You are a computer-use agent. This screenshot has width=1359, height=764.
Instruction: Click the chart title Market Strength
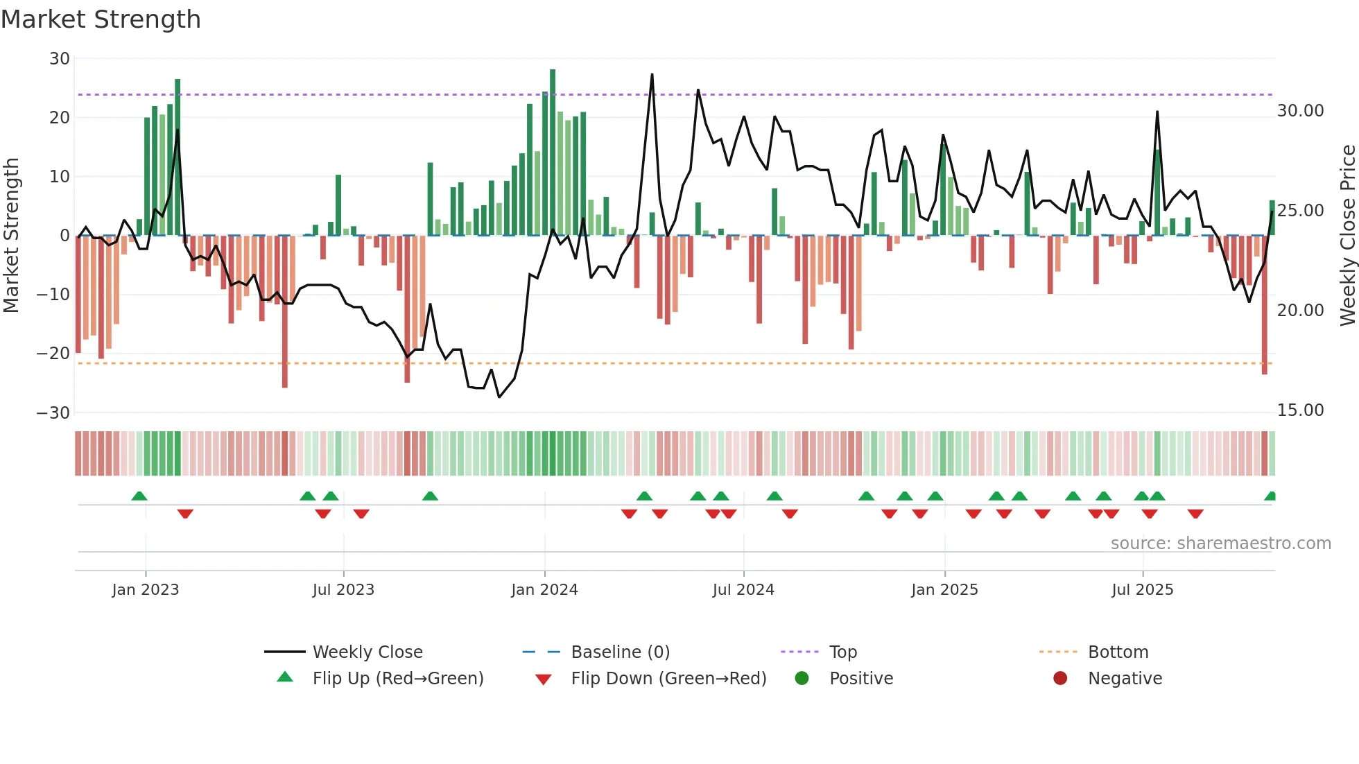click(x=101, y=19)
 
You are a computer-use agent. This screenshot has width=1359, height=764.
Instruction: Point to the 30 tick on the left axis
click(x=60, y=59)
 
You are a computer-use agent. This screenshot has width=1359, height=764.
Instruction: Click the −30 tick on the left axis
click(x=53, y=413)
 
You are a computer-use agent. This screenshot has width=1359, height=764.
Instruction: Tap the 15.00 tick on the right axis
click(x=1300, y=410)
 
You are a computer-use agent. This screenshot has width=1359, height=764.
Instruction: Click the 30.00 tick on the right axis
click(x=1300, y=111)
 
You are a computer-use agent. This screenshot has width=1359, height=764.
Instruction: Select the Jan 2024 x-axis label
click(x=544, y=590)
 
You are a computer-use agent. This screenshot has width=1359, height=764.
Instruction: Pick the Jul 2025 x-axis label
click(x=1142, y=590)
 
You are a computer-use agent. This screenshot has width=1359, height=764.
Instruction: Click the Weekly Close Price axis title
click(x=1347, y=235)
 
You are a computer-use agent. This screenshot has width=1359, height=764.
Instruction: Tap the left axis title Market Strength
click(x=11, y=235)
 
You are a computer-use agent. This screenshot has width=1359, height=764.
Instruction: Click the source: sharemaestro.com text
click(x=1220, y=544)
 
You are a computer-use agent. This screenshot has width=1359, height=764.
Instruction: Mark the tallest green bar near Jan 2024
click(x=553, y=153)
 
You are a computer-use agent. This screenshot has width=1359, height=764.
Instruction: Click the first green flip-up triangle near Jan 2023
click(x=139, y=496)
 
